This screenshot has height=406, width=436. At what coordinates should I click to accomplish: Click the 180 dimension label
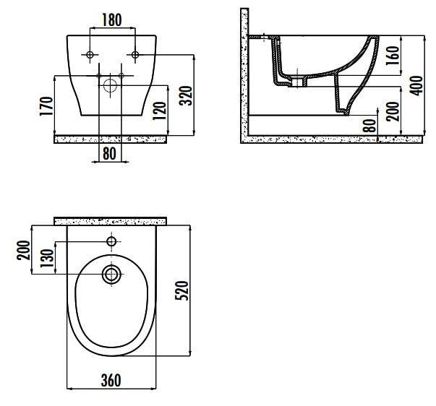[x=112, y=20]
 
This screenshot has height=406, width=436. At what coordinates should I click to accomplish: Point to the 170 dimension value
[x=46, y=106]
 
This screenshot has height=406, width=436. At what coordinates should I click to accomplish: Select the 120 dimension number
[x=159, y=111]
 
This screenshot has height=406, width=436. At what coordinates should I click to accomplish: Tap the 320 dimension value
[x=186, y=96]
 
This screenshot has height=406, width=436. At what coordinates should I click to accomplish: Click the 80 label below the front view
[x=109, y=154]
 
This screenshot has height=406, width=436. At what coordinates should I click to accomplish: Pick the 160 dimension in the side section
[x=393, y=56]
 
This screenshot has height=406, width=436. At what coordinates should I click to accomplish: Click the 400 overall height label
[x=416, y=85]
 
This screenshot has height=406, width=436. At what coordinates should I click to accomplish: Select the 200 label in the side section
[x=393, y=111]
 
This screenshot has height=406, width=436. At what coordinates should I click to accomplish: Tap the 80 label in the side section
[x=369, y=126]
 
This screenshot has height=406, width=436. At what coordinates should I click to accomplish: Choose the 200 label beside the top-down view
[x=23, y=250]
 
